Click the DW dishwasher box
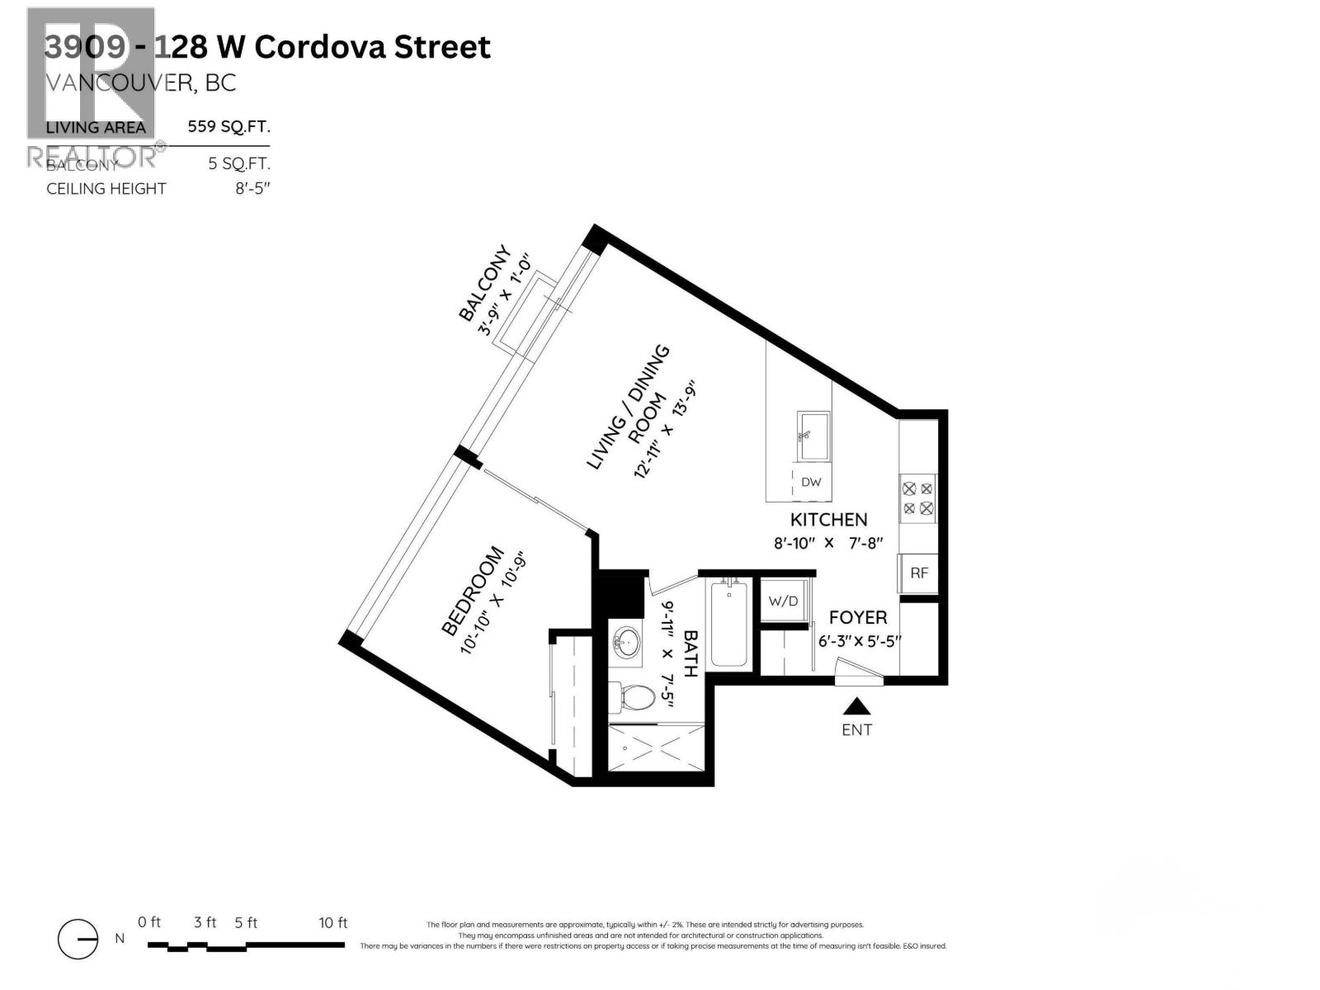pyautogui.click(x=811, y=483)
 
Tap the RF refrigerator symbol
pyautogui.click(x=918, y=573)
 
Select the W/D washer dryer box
pyautogui.click(x=783, y=601)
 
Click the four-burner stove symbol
pyautogui.click(x=918, y=498)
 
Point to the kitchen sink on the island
pyautogui.click(x=813, y=436)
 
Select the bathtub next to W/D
pyautogui.click(x=728, y=625)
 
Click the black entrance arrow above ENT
pyautogui.click(x=857, y=706)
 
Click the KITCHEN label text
pyautogui.click(x=828, y=520)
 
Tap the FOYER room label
pyautogui.click(x=858, y=618)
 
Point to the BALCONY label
pyautogui.click(x=484, y=284)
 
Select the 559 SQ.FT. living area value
pyautogui.click(x=229, y=127)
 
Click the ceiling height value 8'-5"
pyautogui.click(x=252, y=189)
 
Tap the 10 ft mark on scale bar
pyautogui.click(x=333, y=923)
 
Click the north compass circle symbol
pyautogui.click(x=78, y=939)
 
